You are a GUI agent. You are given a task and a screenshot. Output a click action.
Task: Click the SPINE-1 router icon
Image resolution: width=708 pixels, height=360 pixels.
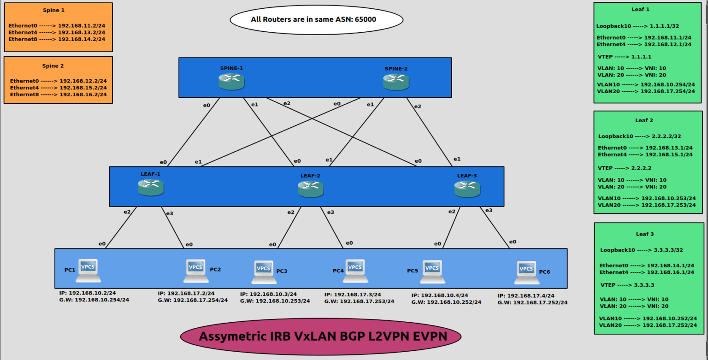pyautogui.click(x=231, y=81)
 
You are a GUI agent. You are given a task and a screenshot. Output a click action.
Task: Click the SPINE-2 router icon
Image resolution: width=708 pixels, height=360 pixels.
pyautogui.click(x=395, y=82)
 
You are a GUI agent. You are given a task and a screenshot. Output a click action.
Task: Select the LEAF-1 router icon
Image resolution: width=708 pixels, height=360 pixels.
pyautogui.click(x=151, y=187)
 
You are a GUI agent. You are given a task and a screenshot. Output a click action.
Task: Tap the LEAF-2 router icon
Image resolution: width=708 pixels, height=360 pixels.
pyautogui.click(x=310, y=188)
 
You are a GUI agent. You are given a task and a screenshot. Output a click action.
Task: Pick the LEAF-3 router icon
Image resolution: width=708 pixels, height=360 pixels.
pyautogui.click(x=467, y=188)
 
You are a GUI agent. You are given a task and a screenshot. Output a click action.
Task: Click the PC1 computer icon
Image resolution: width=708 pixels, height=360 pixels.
pyautogui.click(x=88, y=270)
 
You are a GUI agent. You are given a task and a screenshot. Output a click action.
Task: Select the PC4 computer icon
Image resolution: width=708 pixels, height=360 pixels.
pyautogui.click(x=355, y=271)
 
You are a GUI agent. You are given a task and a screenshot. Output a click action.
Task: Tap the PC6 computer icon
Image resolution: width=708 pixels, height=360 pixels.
pyautogui.click(x=526, y=272)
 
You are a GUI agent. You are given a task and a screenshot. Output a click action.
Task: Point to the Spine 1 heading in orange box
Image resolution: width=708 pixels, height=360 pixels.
pyautogui.click(x=54, y=10)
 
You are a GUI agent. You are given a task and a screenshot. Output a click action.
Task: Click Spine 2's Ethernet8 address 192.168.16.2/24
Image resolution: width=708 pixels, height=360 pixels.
pyautogui.click(x=83, y=94)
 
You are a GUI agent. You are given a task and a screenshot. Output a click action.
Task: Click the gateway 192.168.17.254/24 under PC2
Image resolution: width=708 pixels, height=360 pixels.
pyautogui.click(x=201, y=300)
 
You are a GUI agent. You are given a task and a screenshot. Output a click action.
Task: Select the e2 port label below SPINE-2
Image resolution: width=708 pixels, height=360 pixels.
pyautogui.click(x=417, y=106)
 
